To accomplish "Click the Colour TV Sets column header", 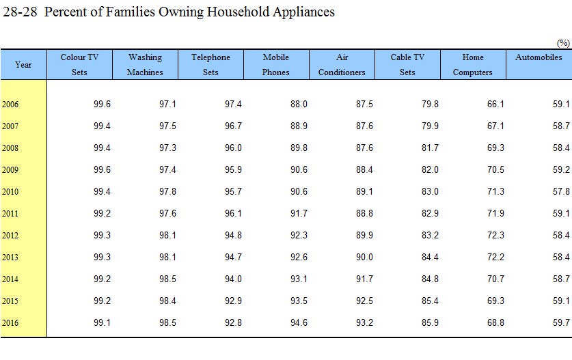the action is (x=79, y=65).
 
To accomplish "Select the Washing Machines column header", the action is (x=145, y=65).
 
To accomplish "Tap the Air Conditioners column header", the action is (x=342, y=65).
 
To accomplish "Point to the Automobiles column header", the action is (x=539, y=57).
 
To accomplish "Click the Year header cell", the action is (x=23, y=65).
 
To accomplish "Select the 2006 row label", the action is (x=10, y=105).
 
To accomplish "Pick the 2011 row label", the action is (x=10, y=214).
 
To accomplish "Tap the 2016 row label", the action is (x=10, y=323).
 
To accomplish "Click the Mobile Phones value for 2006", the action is (x=299, y=105).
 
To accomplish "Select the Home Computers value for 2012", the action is (x=495, y=235).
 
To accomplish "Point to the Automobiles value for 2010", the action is (x=561, y=191).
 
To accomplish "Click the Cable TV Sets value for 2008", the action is (x=430, y=148).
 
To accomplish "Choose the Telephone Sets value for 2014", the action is (x=233, y=279).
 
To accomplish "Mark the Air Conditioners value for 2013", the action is (x=364, y=257).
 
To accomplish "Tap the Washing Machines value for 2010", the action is (x=167, y=191).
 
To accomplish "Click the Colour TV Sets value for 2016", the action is (x=102, y=323).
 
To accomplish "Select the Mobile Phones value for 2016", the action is (x=299, y=323).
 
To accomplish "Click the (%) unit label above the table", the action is (x=563, y=43).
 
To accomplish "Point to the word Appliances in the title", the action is (x=303, y=12).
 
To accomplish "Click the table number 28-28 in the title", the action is (x=20, y=12).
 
